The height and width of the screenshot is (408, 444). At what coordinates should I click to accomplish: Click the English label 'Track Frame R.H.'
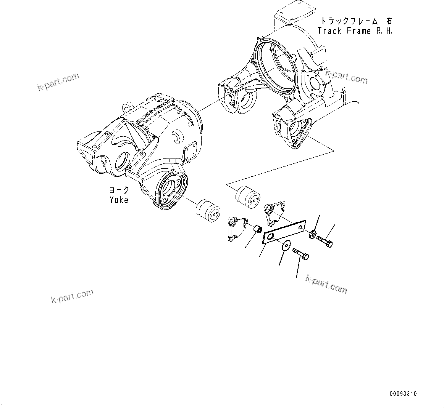tap(355, 31)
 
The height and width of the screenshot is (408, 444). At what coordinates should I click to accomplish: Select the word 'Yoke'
tap(119, 199)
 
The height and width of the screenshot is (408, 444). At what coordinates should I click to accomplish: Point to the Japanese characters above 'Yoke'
tap(119, 190)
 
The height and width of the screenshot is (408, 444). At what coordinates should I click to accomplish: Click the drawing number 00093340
tap(403, 394)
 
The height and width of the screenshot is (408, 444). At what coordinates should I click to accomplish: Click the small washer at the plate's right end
tap(313, 234)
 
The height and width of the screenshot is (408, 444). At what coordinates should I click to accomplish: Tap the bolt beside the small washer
tap(325, 241)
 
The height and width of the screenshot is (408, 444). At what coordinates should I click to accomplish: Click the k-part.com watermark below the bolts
tap(326, 284)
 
